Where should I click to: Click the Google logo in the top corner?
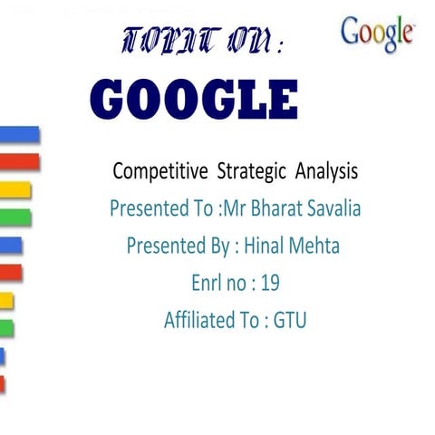[378, 34]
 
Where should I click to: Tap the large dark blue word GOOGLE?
[195, 100]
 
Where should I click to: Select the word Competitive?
[154, 169]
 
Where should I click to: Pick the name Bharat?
[272, 208]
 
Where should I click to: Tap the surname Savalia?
[334, 208]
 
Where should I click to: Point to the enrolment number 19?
[270, 283]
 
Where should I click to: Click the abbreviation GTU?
[290, 320]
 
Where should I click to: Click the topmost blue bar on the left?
[20, 134]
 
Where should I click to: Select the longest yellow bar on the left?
[15, 189]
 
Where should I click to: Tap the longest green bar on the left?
[15, 217]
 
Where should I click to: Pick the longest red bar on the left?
[20, 161]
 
